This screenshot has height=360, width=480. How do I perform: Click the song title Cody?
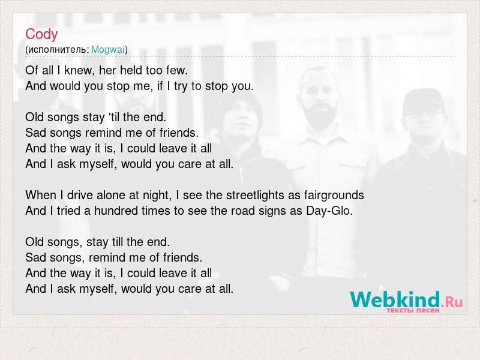(x=41, y=34)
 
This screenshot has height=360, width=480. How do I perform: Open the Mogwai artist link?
(x=108, y=49)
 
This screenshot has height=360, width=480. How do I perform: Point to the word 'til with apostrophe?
(x=114, y=117)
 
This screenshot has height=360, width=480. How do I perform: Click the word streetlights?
(x=255, y=196)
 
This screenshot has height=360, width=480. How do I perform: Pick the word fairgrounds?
(x=334, y=196)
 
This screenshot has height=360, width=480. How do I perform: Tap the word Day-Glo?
(x=329, y=211)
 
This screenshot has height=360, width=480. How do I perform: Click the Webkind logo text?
(x=395, y=299)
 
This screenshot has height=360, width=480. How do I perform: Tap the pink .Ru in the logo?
(x=452, y=302)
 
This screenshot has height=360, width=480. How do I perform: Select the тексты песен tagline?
(x=413, y=310)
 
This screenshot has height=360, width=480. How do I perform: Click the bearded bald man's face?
(x=319, y=101)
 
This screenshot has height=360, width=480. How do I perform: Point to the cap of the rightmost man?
(x=424, y=101)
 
